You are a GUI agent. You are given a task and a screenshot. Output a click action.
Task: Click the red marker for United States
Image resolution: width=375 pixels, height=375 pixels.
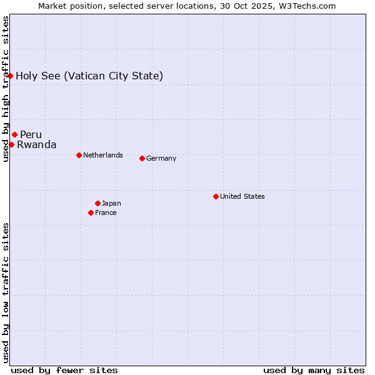216,196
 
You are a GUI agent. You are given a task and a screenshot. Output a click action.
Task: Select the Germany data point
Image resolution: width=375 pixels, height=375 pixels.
142,158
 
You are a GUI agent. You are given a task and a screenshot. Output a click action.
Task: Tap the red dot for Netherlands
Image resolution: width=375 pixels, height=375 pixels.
79,155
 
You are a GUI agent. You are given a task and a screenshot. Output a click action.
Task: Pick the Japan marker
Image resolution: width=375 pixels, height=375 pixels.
97,203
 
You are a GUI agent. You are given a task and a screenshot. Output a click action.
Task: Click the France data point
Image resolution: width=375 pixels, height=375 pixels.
91,212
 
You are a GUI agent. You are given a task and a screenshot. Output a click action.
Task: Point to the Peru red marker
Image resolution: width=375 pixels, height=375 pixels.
14,134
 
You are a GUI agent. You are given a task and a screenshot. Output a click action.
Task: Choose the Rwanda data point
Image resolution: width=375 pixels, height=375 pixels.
11,144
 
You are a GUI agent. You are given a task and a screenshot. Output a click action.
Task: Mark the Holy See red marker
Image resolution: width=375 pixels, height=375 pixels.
10,76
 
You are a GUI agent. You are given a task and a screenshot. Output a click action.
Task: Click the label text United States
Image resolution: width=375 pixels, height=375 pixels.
242,196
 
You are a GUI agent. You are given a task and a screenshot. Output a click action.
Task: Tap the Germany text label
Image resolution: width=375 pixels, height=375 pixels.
161,158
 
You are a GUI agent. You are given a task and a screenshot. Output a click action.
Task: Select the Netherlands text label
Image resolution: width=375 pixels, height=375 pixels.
103,155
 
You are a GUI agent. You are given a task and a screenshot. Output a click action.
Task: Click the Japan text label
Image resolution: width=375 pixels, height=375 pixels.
111,203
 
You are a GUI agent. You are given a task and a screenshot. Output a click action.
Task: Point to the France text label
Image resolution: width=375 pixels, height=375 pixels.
106,212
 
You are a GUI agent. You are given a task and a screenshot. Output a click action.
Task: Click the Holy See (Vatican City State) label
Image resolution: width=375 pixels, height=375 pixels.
89,76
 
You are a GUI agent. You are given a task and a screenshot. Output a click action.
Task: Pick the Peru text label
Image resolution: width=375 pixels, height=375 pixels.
31,134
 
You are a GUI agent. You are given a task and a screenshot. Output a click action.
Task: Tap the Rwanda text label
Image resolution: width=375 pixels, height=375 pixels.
36,144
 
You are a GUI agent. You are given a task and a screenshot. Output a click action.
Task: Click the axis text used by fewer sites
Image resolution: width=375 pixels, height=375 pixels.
64,370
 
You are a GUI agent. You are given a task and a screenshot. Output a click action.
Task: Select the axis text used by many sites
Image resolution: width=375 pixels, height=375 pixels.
314,370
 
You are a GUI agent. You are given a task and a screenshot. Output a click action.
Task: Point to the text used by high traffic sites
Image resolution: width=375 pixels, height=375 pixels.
6,89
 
